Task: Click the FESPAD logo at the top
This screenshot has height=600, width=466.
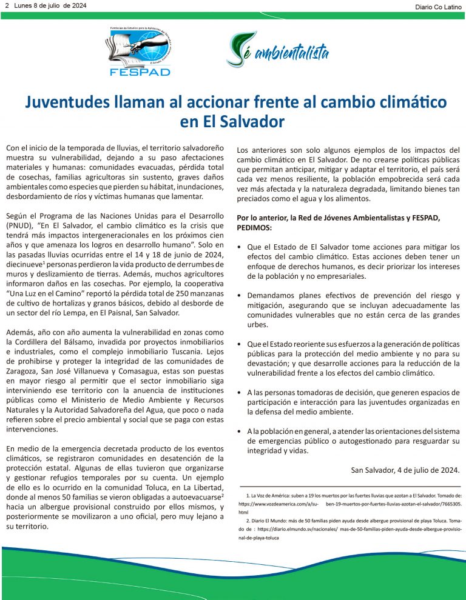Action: click(140, 53)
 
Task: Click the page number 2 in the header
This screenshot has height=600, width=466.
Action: click(7, 5)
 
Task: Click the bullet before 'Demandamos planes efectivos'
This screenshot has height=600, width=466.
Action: click(241, 296)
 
